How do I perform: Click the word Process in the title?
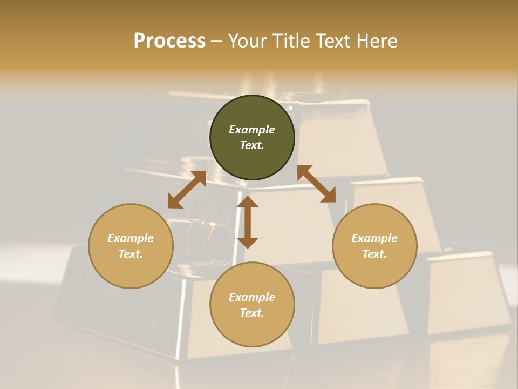click(x=169, y=41)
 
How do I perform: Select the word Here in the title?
click(x=376, y=41)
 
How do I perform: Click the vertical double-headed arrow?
click(x=248, y=222)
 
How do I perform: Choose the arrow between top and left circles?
click(x=187, y=190)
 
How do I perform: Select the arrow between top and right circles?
click(x=316, y=184)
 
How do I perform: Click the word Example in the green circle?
click(x=252, y=130)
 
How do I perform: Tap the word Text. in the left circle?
click(x=131, y=254)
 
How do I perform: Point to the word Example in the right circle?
click(x=374, y=238)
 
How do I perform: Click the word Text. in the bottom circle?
click(x=252, y=313)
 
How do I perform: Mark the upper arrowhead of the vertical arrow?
click(x=248, y=202)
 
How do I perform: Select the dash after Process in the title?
click(x=216, y=42)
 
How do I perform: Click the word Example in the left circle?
click(x=131, y=238)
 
